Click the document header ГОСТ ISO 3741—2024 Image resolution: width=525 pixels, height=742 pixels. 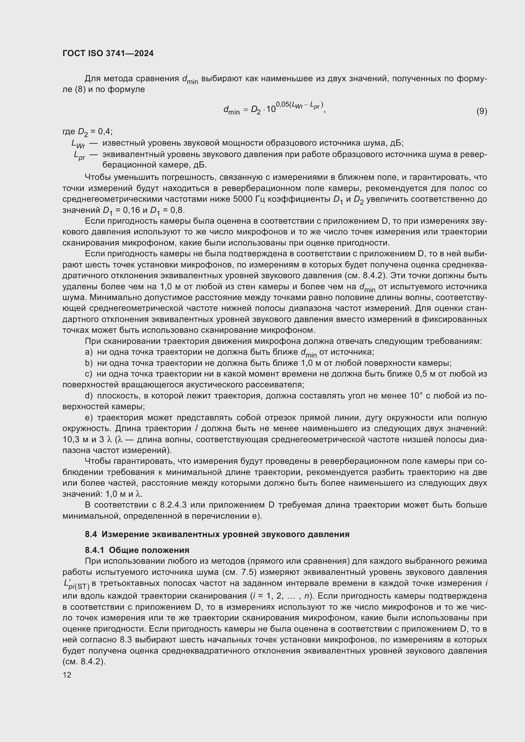point(108,53)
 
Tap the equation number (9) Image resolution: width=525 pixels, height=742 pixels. point(482,111)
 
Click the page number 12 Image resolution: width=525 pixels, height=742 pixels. point(67,675)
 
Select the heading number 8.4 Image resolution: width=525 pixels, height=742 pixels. point(91,534)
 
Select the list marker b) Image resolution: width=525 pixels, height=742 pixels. point(89,363)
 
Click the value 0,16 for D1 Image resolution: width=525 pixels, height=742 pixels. point(131,210)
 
